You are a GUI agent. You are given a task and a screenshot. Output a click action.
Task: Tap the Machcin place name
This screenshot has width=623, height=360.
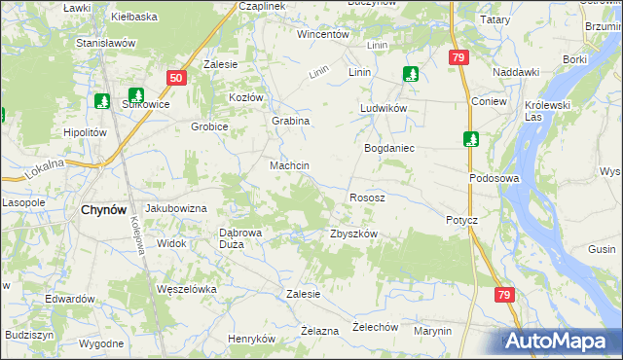point(289,166)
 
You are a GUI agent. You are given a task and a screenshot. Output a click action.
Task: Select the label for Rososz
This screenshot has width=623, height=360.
point(367,198)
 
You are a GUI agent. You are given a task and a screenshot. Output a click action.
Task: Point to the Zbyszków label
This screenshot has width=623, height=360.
point(353,234)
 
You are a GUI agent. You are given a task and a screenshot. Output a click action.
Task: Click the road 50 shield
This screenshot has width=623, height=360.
point(175,78)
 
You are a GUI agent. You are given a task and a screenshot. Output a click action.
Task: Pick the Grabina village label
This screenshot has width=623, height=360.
point(290,121)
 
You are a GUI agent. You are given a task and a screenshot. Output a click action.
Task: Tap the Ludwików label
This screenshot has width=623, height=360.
point(383,108)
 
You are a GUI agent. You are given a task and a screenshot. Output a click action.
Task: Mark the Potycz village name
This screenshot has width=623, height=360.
point(462,220)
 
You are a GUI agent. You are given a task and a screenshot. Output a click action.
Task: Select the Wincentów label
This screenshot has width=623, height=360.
point(323,34)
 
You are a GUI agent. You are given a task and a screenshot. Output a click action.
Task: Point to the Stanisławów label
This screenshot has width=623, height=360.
point(104,44)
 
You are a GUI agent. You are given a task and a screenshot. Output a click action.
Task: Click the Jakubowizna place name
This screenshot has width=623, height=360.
point(176,209)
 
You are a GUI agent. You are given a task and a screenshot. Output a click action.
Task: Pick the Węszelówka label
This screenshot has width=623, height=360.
point(185,289)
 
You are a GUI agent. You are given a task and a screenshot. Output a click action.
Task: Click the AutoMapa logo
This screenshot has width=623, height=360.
point(559,342)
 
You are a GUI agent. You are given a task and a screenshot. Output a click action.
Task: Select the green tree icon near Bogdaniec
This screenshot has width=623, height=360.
point(470,139)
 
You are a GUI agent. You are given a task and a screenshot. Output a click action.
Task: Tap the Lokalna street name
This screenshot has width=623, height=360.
point(45,168)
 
